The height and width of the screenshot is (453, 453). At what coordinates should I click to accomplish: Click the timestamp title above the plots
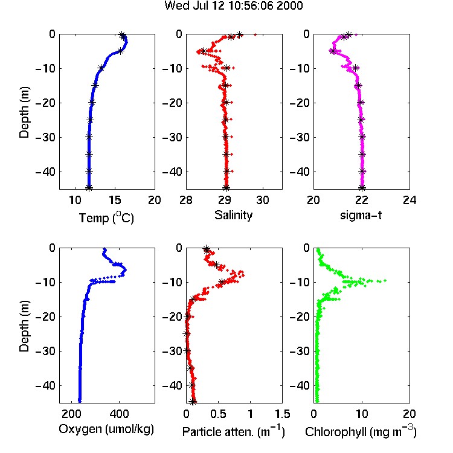[x=233, y=5]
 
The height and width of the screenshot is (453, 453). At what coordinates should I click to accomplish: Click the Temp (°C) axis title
[x=106, y=217]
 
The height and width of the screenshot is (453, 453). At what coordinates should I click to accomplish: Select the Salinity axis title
[x=233, y=215]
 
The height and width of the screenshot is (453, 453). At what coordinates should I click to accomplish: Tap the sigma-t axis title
[x=361, y=216]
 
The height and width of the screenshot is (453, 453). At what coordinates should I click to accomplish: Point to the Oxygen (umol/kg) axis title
[x=106, y=429]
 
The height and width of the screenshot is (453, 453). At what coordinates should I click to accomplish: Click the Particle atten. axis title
[x=233, y=431]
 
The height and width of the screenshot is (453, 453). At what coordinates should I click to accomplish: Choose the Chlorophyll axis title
[x=361, y=431]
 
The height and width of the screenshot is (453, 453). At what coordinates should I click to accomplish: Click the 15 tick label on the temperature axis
[x=115, y=200]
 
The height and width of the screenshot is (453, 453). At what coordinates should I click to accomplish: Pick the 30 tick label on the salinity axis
[x=263, y=200]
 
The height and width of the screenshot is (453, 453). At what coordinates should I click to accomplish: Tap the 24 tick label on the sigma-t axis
[x=410, y=200]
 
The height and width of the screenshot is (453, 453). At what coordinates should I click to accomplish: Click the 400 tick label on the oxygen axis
[x=120, y=414]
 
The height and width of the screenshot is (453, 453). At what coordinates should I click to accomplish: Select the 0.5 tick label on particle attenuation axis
[x=218, y=414]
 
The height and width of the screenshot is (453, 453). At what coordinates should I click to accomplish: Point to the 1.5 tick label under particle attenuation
[x=283, y=414]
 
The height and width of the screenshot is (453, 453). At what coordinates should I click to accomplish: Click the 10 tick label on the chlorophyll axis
[x=361, y=414]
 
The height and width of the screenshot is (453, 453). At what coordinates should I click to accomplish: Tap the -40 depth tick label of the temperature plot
[x=45, y=172]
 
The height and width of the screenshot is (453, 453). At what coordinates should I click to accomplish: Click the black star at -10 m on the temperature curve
[x=101, y=68]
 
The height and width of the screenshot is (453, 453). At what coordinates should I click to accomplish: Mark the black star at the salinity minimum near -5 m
[x=204, y=51]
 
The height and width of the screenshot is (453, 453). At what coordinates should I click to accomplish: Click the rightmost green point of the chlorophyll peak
[x=385, y=280]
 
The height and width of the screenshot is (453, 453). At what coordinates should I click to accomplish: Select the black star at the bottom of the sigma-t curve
[x=362, y=188]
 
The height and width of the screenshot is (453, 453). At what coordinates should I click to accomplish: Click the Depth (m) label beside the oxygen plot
[x=24, y=326]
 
